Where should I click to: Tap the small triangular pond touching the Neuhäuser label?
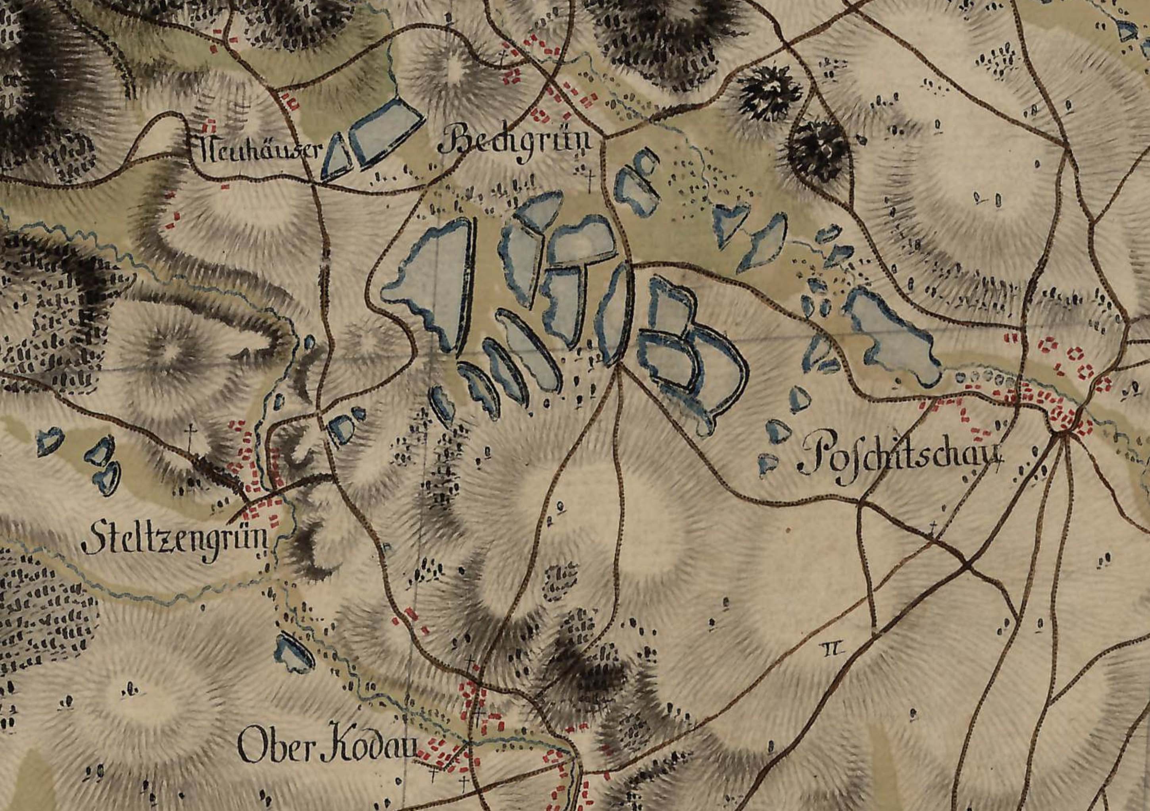tap(336, 158)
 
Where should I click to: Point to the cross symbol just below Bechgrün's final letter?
tap(592, 180)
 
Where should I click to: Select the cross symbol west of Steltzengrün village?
tap(190, 432)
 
